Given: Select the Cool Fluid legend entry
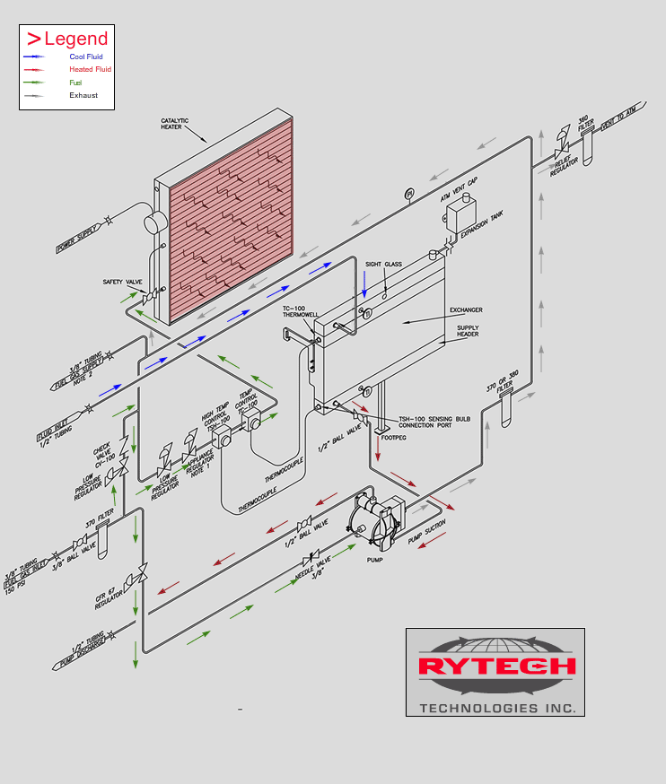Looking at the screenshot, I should coord(86,57).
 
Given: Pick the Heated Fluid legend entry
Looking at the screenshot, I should coord(90,69).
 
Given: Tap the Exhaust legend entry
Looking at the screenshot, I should coord(83,95).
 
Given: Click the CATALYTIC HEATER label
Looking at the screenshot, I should coord(171,123).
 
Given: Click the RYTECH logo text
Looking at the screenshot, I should coord(496,666).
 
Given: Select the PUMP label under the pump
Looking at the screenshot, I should coord(375,559).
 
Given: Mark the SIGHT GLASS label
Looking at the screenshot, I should coord(383,265).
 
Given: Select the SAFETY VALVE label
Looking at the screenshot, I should coord(122,282).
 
